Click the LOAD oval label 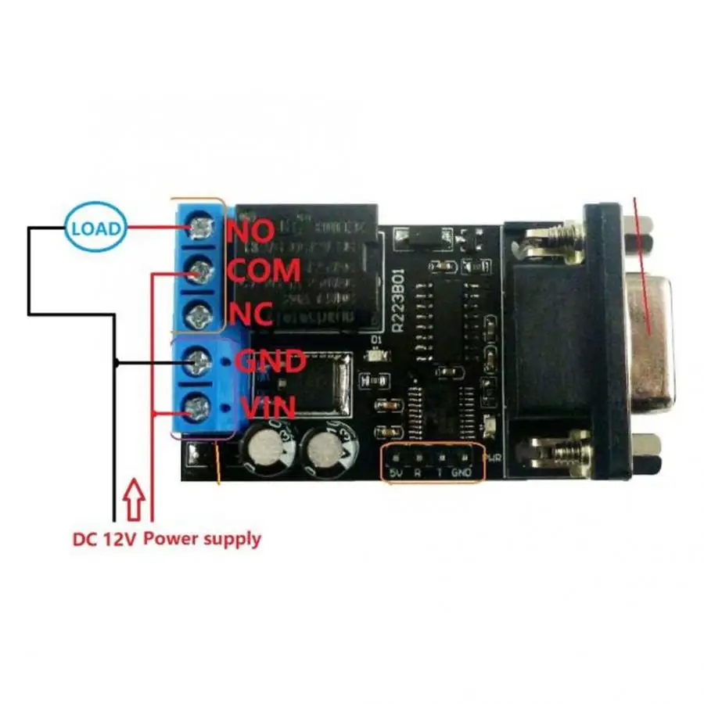pos(95,228)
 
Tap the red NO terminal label pos(250,230)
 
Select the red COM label pos(264,271)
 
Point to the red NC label pos(250,314)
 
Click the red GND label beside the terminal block pos(271,362)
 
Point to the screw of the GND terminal pos(201,361)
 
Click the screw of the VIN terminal pos(201,406)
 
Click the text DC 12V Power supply pos(167,539)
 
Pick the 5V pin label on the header pos(397,473)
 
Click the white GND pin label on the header pos(464,473)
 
